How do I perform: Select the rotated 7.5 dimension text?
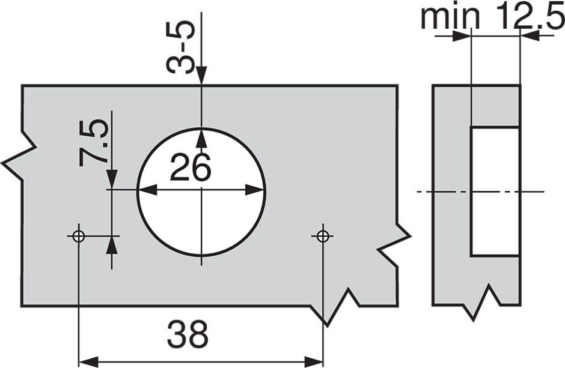(94, 142)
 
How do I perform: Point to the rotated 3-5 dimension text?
(181, 47)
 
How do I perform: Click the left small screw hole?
(78, 235)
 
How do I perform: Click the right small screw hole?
(323, 235)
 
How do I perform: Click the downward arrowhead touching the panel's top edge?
(202, 77)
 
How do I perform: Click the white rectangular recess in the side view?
(495, 191)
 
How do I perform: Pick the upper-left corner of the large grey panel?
(23, 86)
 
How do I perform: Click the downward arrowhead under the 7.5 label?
(112, 179)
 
